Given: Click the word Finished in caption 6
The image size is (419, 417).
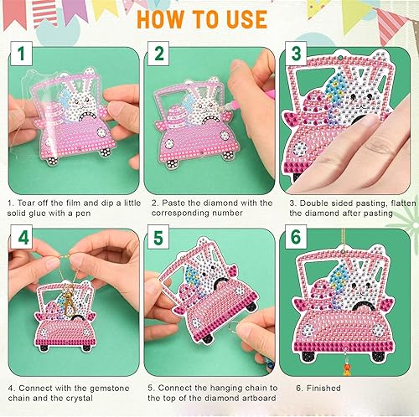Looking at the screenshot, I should pyautogui.click(x=315, y=389).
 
